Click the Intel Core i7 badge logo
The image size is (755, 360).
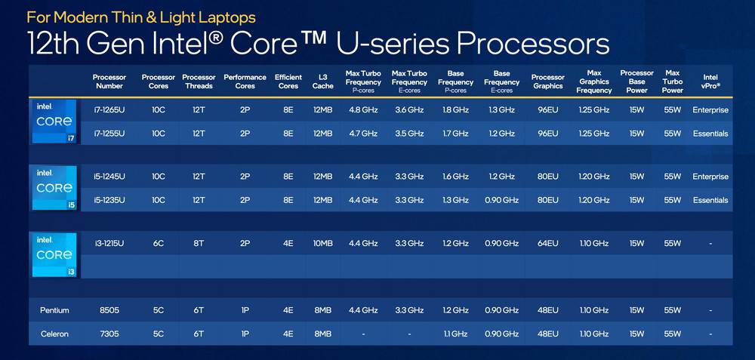54,121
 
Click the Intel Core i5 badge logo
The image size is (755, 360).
54,188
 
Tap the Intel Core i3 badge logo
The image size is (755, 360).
54,255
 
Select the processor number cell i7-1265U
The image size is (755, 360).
109,110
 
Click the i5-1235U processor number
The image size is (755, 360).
109,200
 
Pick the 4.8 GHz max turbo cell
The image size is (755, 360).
363,110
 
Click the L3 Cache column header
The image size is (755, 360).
322,82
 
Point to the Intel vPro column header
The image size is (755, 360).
710,82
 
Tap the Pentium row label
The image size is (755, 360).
54,310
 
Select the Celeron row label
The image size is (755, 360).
54,334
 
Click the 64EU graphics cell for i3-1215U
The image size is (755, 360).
547,243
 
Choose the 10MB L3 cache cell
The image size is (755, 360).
322,243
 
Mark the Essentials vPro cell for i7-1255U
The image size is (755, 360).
710,134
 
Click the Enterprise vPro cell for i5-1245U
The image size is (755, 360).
710,177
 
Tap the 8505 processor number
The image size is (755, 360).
109,310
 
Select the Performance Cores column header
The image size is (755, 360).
245,82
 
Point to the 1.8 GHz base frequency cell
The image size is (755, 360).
455,110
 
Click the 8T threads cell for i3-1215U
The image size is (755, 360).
199,243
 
